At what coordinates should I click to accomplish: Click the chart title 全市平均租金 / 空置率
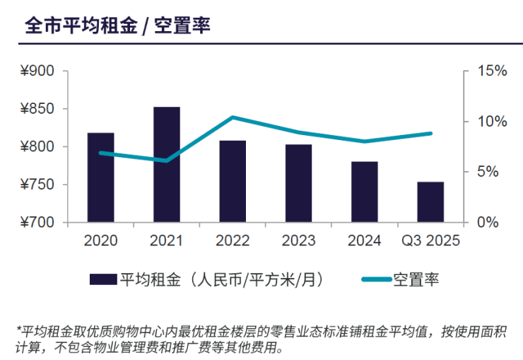point(117,25)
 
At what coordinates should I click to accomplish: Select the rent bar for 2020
point(100,178)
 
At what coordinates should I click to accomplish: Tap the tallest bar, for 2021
point(167,165)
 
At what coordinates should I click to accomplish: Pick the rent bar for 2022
point(233,182)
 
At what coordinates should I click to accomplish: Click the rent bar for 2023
point(298,183)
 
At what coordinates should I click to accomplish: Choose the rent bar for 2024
point(365,192)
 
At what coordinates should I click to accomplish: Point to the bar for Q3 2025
point(430,202)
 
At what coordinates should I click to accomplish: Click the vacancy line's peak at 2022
point(233,117)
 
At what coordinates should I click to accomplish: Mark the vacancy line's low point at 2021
point(167,161)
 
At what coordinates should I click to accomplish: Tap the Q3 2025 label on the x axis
point(430,240)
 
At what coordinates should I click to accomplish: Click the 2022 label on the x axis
point(233,240)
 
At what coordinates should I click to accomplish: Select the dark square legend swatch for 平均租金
point(103,279)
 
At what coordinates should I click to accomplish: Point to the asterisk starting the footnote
point(18,328)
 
